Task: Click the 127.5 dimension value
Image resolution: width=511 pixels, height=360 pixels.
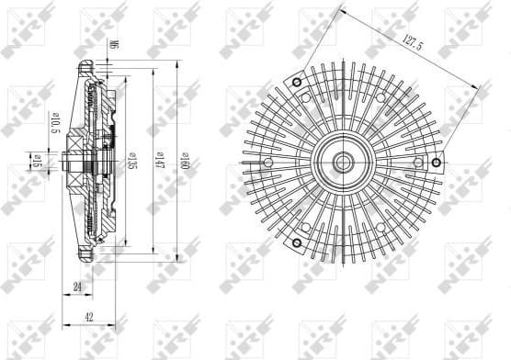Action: click(x=408, y=41)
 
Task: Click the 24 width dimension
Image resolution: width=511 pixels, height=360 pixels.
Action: click(x=77, y=287)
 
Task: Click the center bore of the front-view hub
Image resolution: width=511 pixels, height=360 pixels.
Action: click(x=344, y=163)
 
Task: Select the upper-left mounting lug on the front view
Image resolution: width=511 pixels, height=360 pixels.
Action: click(x=298, y=83)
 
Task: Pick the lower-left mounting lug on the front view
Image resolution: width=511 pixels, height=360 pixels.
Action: click(x=298, y=242)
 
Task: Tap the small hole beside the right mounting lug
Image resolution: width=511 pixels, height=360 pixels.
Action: click(x=419, y=163)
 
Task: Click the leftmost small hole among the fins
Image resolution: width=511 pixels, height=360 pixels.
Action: click(x=267, y=163)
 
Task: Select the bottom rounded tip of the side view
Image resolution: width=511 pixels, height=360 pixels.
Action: click(x=88, y=264)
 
